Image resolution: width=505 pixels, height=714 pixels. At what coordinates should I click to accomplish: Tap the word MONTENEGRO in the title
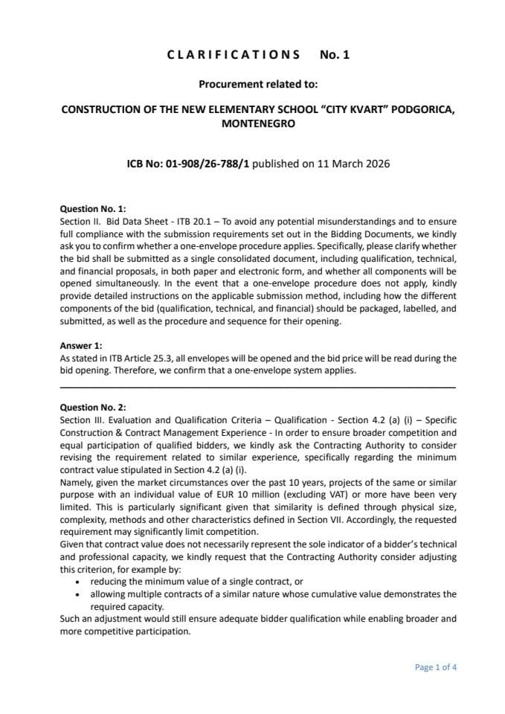(257, 124)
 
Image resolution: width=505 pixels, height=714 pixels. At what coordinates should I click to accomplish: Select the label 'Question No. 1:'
(93, 209)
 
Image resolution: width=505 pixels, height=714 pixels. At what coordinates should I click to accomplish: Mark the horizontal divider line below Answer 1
(257, 387)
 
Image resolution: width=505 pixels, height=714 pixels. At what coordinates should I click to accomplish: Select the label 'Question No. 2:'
(93, 408)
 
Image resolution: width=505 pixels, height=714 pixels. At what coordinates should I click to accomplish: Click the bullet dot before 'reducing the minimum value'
(78, 581)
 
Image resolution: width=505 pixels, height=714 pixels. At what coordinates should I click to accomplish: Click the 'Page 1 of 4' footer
(435, 667)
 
